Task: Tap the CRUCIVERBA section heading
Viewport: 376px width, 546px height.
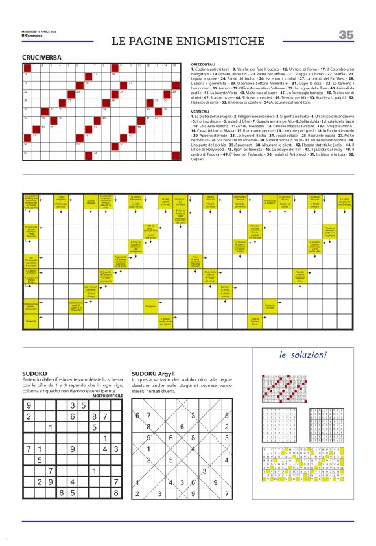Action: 41,57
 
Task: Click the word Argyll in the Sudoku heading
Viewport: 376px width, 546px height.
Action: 160,375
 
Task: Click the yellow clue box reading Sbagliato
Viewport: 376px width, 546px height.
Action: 150,305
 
